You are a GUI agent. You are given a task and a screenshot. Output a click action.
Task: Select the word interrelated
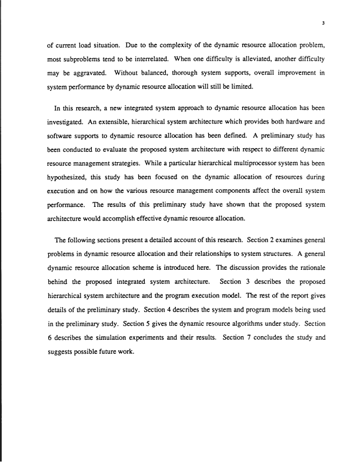[x=166, y=59]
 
